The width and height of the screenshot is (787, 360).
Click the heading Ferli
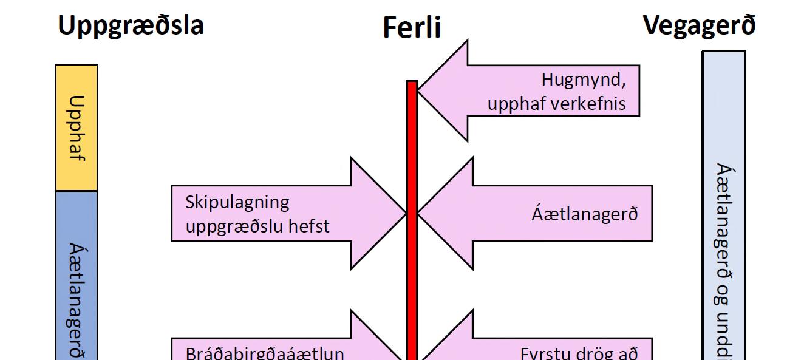tap(412, 28)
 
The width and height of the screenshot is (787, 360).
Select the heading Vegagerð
tap(700, 26)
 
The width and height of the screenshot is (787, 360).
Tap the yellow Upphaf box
tap(77, 127)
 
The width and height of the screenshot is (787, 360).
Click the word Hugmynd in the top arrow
tap(583, 80)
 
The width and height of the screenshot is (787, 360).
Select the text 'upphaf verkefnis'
tap(556, 103)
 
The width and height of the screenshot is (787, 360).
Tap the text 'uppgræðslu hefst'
tap(257, 226)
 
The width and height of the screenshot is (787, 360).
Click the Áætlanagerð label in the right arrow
tap(585, 214)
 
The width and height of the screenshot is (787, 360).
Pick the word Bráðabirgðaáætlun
tap(265, 353)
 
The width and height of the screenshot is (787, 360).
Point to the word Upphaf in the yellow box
tap(77, 128)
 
